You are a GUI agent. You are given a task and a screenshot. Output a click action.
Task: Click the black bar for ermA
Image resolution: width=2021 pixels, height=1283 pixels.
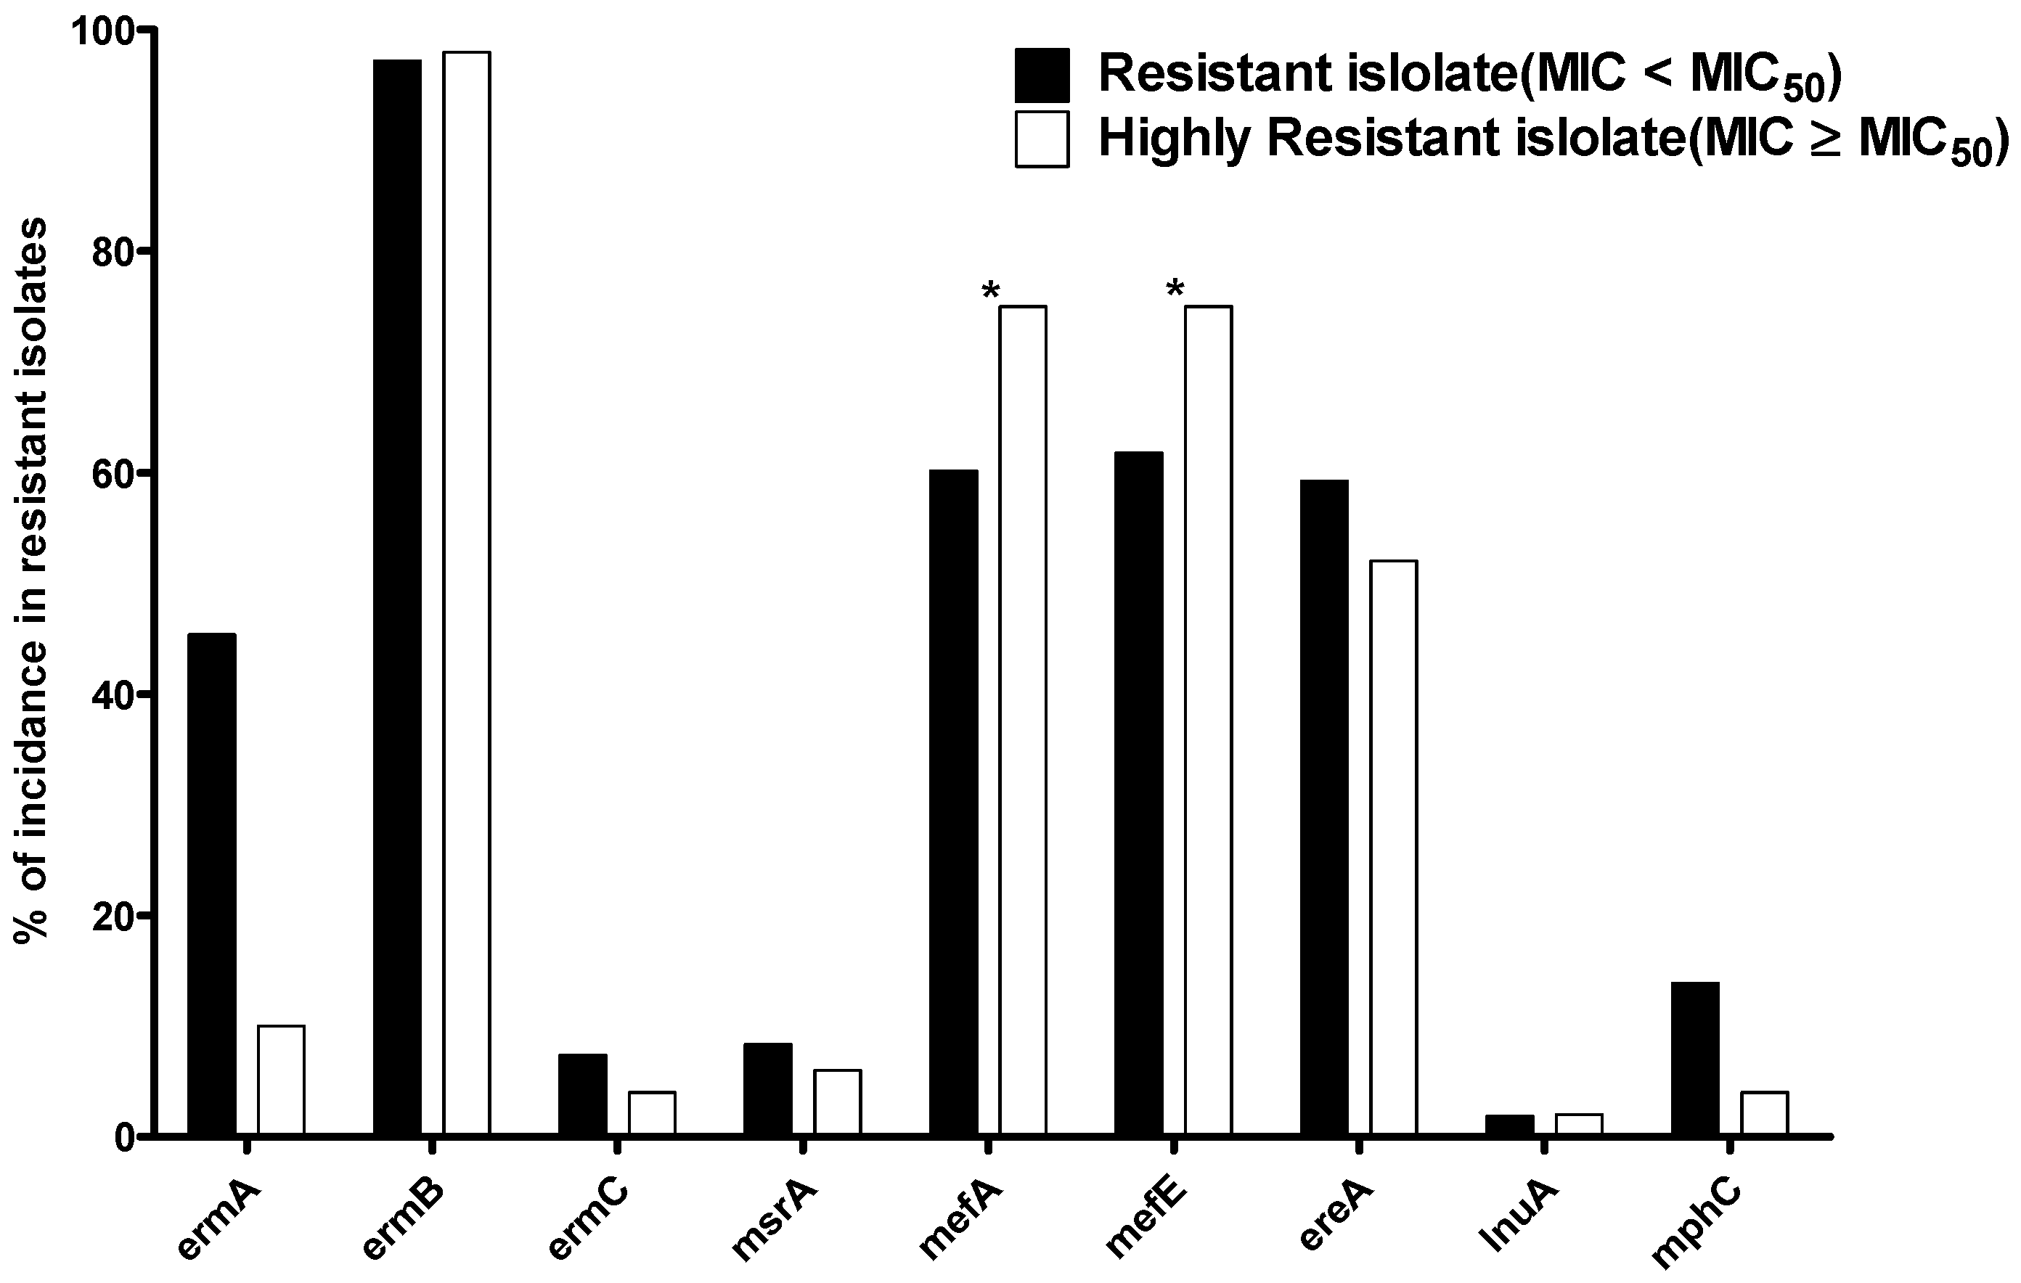(211, 885)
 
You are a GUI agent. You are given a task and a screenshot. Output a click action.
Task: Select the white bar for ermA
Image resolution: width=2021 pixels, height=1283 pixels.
(281, 1080)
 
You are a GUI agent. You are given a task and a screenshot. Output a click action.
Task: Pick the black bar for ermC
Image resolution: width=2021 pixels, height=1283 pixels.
(582, 1094)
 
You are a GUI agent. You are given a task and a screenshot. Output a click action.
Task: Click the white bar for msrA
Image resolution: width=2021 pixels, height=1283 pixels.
(838, 1102)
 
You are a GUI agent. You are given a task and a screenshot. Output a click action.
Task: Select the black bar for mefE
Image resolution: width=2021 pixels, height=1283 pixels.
(1139, 794)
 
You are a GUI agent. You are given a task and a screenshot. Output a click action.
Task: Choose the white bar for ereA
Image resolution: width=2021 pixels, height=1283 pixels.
(1393, 848)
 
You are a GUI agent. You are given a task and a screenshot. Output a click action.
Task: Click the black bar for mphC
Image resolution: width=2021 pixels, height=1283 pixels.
(1695, 1058)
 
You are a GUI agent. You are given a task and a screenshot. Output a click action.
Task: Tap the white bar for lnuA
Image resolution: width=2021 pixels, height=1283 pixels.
(1579, 1124)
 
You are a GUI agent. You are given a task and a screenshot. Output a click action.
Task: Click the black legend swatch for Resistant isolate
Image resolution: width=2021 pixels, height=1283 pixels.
(1042, 75)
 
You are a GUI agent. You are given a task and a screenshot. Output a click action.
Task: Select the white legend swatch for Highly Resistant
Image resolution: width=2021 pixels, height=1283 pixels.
(1042, 139)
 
